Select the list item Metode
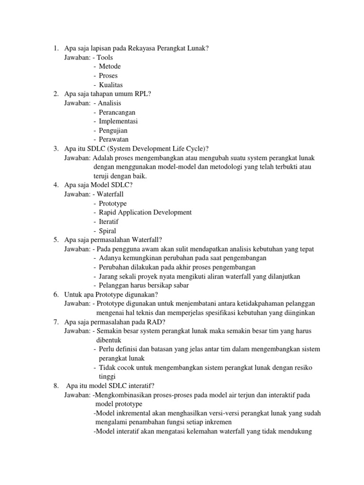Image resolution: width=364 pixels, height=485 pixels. (109, 66)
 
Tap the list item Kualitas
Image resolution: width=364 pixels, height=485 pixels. (111, 85)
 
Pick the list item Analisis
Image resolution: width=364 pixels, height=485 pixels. (109, 103)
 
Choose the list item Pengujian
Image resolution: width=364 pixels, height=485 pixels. (113, 130)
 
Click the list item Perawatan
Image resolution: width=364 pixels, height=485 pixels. (114, 139)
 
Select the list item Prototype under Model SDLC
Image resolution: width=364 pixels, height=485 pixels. (113, 203)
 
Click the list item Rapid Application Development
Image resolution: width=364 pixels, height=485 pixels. (145, 213)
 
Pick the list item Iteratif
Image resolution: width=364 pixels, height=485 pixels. (109, 222)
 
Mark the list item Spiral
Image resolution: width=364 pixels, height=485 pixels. (108, 231)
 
